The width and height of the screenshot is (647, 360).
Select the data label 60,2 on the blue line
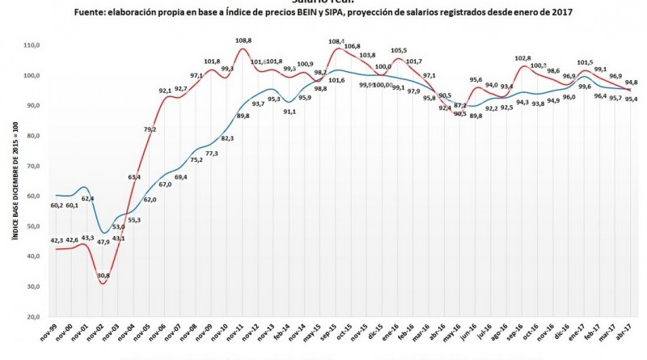[x=57, y=205]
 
